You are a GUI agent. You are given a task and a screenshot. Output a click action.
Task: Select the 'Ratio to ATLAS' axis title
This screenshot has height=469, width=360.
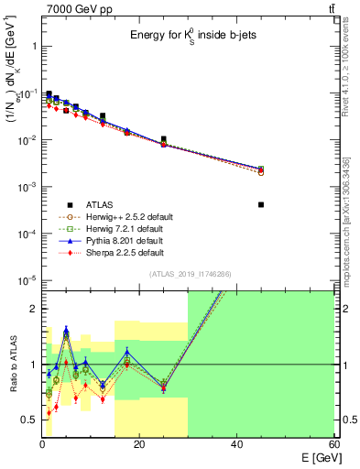[x=13, y=364]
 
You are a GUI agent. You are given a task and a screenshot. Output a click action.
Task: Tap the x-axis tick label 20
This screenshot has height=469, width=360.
[x=139, y=444]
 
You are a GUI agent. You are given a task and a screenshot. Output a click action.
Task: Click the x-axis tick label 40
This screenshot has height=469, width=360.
[x=236, y=444]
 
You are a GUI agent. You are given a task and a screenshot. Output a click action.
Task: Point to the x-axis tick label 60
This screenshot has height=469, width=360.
[x=333, y=444]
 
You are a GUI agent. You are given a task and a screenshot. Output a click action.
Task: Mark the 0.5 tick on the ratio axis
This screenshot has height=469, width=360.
[x=29, y=420]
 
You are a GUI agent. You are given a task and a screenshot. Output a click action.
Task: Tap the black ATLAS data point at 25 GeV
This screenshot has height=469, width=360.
[x=164, y=139]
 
